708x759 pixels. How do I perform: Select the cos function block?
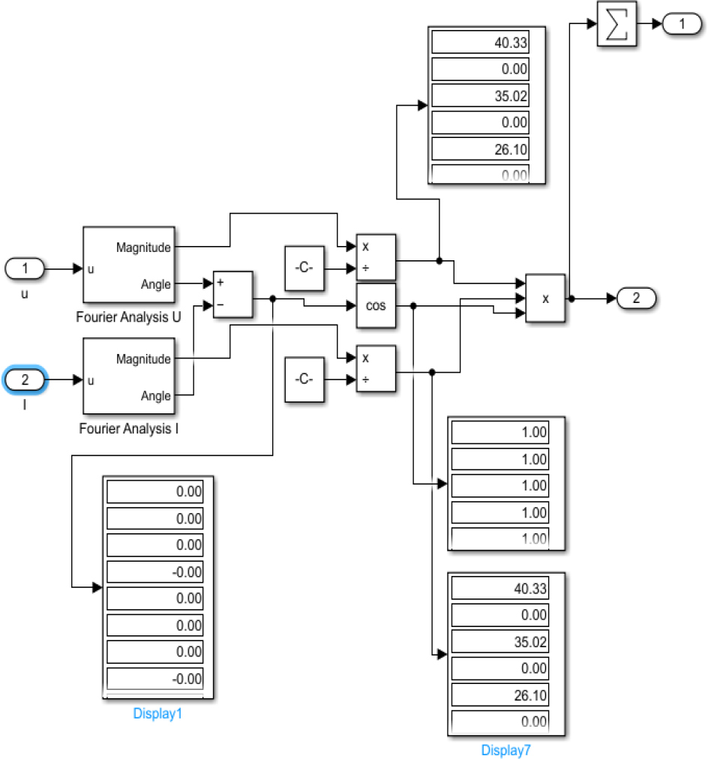(x=376, y=305)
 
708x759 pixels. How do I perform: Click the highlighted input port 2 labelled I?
(x=25, y=380)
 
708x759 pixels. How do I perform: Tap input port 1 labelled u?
(x=25, y=268)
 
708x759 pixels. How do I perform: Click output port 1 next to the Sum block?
(x=681, y=25)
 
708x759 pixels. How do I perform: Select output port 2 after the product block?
(x=636, y=298)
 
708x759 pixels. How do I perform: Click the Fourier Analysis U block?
(x=128, y=265)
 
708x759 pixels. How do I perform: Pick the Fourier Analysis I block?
(x=128, y=376)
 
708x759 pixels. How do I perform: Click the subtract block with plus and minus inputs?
(x=233, y=295)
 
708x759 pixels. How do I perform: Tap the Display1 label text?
(x=157, y=713)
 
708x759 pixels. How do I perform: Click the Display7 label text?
(x=505, y=749)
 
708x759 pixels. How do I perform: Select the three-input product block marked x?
(x=545, y=298)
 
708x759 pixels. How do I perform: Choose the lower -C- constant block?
(x=304, y=379)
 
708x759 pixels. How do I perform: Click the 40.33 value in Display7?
(x=500, y=589)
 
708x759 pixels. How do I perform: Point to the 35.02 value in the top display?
(x=480, y=96)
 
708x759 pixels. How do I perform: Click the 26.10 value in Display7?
(x=500, y=695)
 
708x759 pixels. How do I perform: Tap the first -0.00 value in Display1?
(x=160, y=571)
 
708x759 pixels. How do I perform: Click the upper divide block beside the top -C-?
(x=376, y=257)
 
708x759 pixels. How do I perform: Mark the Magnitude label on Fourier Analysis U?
(x=143, y=247)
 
